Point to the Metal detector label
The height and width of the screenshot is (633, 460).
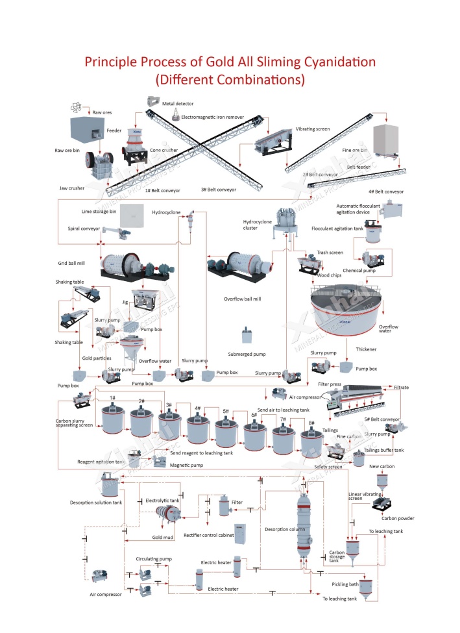[178, 103]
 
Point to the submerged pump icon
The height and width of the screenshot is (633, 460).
[247, 336]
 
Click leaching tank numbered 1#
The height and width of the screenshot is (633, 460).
[114, 417]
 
